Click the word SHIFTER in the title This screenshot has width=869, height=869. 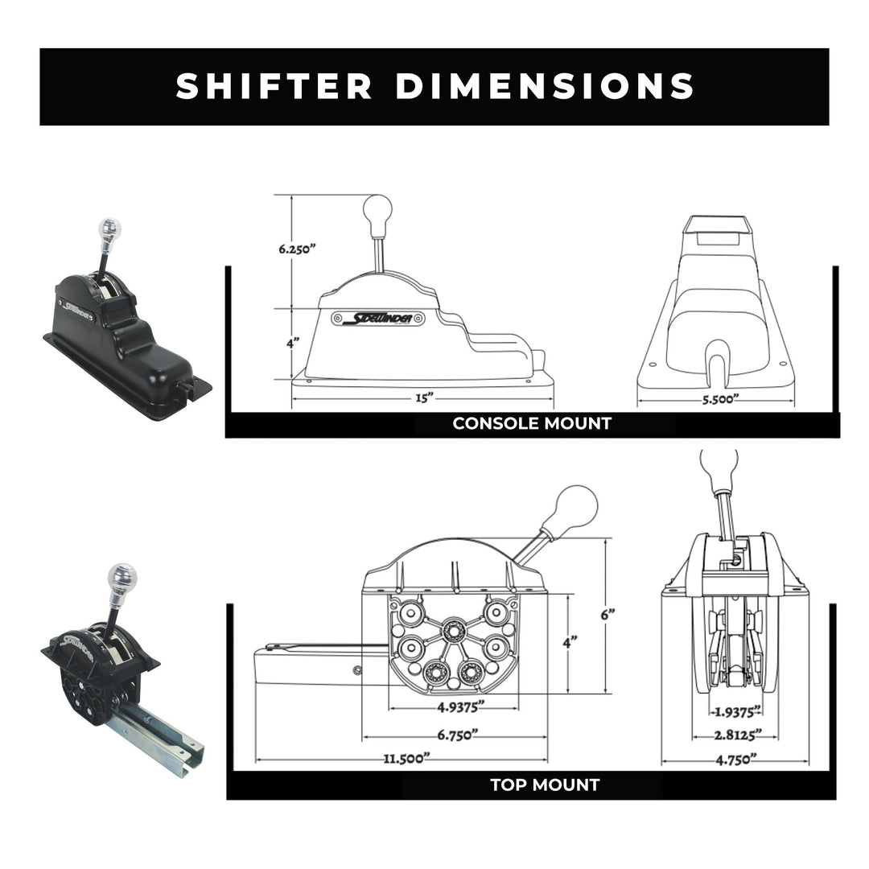(274, 86)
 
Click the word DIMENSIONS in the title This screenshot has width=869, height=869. (545, 86)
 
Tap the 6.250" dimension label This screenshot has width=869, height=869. (297, 249)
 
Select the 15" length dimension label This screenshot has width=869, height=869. (423, 397)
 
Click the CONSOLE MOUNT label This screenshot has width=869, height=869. (532, 423)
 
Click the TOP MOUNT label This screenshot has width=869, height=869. (545, 785)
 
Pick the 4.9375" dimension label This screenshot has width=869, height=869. (453, 708)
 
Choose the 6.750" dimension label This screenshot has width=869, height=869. (453, 735)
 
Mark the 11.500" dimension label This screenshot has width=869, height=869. (406, 759)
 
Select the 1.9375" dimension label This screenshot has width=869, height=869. (735, 711)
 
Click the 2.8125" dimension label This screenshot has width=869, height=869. (735, 735)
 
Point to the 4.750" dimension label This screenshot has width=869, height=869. (735, 759)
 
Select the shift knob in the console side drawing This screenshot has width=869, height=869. (377, 211)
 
